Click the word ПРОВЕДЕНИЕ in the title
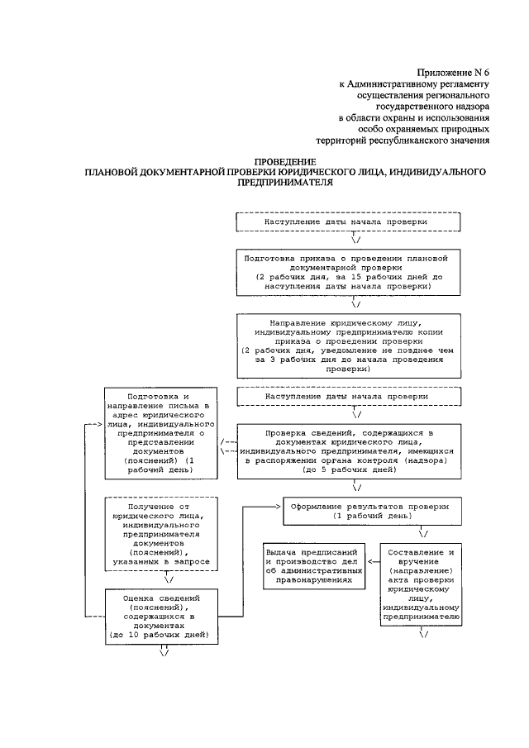coord(284,161)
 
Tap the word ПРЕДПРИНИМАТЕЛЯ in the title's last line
coord(284,184)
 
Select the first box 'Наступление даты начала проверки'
coord(347,223)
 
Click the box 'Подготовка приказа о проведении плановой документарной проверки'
coord(347,273)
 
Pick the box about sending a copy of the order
coord(347,345)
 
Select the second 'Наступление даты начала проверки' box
coord(347,397)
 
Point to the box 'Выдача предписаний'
coord(315,566)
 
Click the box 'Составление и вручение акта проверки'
coord(422,583)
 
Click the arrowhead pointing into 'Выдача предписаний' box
coord(370,565)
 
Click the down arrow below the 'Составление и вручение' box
coord(423,634)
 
